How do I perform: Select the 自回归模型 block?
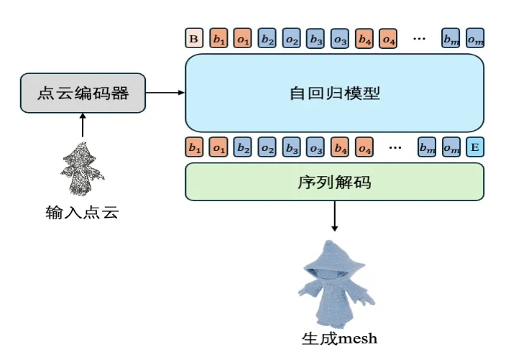click(x=334, y=93)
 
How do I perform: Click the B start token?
click(x=193, y=38)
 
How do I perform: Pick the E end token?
click(x=474, y=148)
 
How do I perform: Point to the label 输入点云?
click(x=80, y=212)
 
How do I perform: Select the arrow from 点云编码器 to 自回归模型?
click(x=165, y=93)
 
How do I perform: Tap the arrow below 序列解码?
click(x=334, y=216)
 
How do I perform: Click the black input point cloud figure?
click(x=82, y=171)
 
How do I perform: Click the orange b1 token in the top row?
click(x=218, y=38)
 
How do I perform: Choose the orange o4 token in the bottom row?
click(x=365, y=148)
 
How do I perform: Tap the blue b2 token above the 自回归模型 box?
click(x=267, y=38)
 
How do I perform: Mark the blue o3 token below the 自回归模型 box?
click(x=315, y=148)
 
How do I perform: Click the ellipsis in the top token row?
click(x=419, y=38)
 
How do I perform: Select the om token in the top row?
click(x=474, y=38)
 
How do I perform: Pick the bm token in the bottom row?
click(x=427, y=148)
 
